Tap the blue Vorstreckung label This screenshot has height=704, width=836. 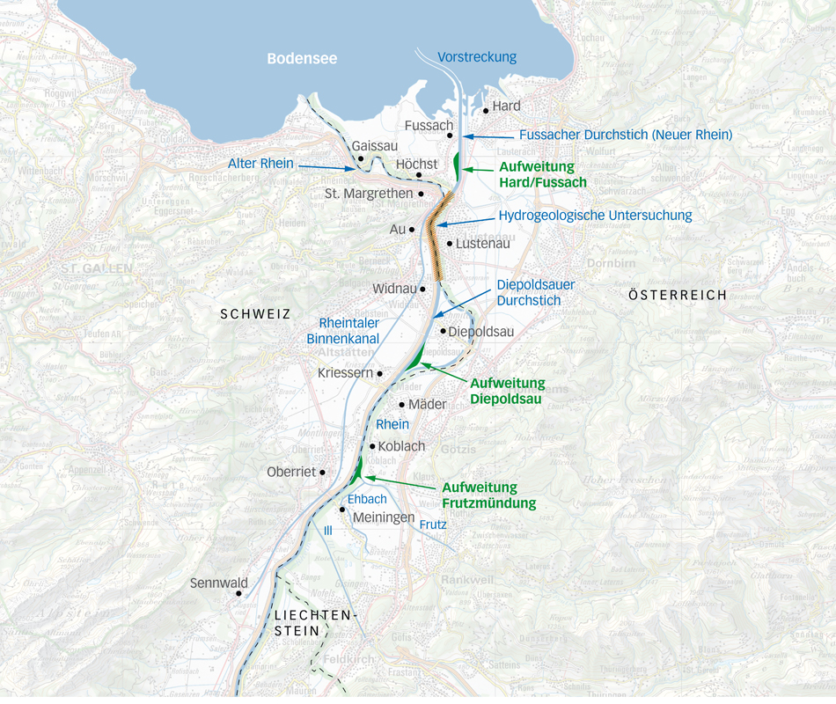click(477, 57)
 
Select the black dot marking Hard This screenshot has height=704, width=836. click(486, 111)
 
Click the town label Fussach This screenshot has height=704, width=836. click(429, 126)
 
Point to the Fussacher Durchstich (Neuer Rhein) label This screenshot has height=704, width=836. click(626, 135)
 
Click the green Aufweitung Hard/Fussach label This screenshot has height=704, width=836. click(542, 174)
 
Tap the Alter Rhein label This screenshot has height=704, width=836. click(260, 164)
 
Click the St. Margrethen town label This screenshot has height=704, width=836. click(368, 193)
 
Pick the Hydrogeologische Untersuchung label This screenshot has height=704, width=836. click(595, 215)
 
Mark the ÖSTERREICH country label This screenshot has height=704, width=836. click(678, 295)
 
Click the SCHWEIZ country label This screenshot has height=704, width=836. click(255, 313)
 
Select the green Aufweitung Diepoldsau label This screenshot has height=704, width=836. click(507, 391)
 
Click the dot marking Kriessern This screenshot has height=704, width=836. click(380, 374)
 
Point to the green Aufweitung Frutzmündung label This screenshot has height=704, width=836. click(488, 495)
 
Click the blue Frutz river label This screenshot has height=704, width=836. click(433, 524)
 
